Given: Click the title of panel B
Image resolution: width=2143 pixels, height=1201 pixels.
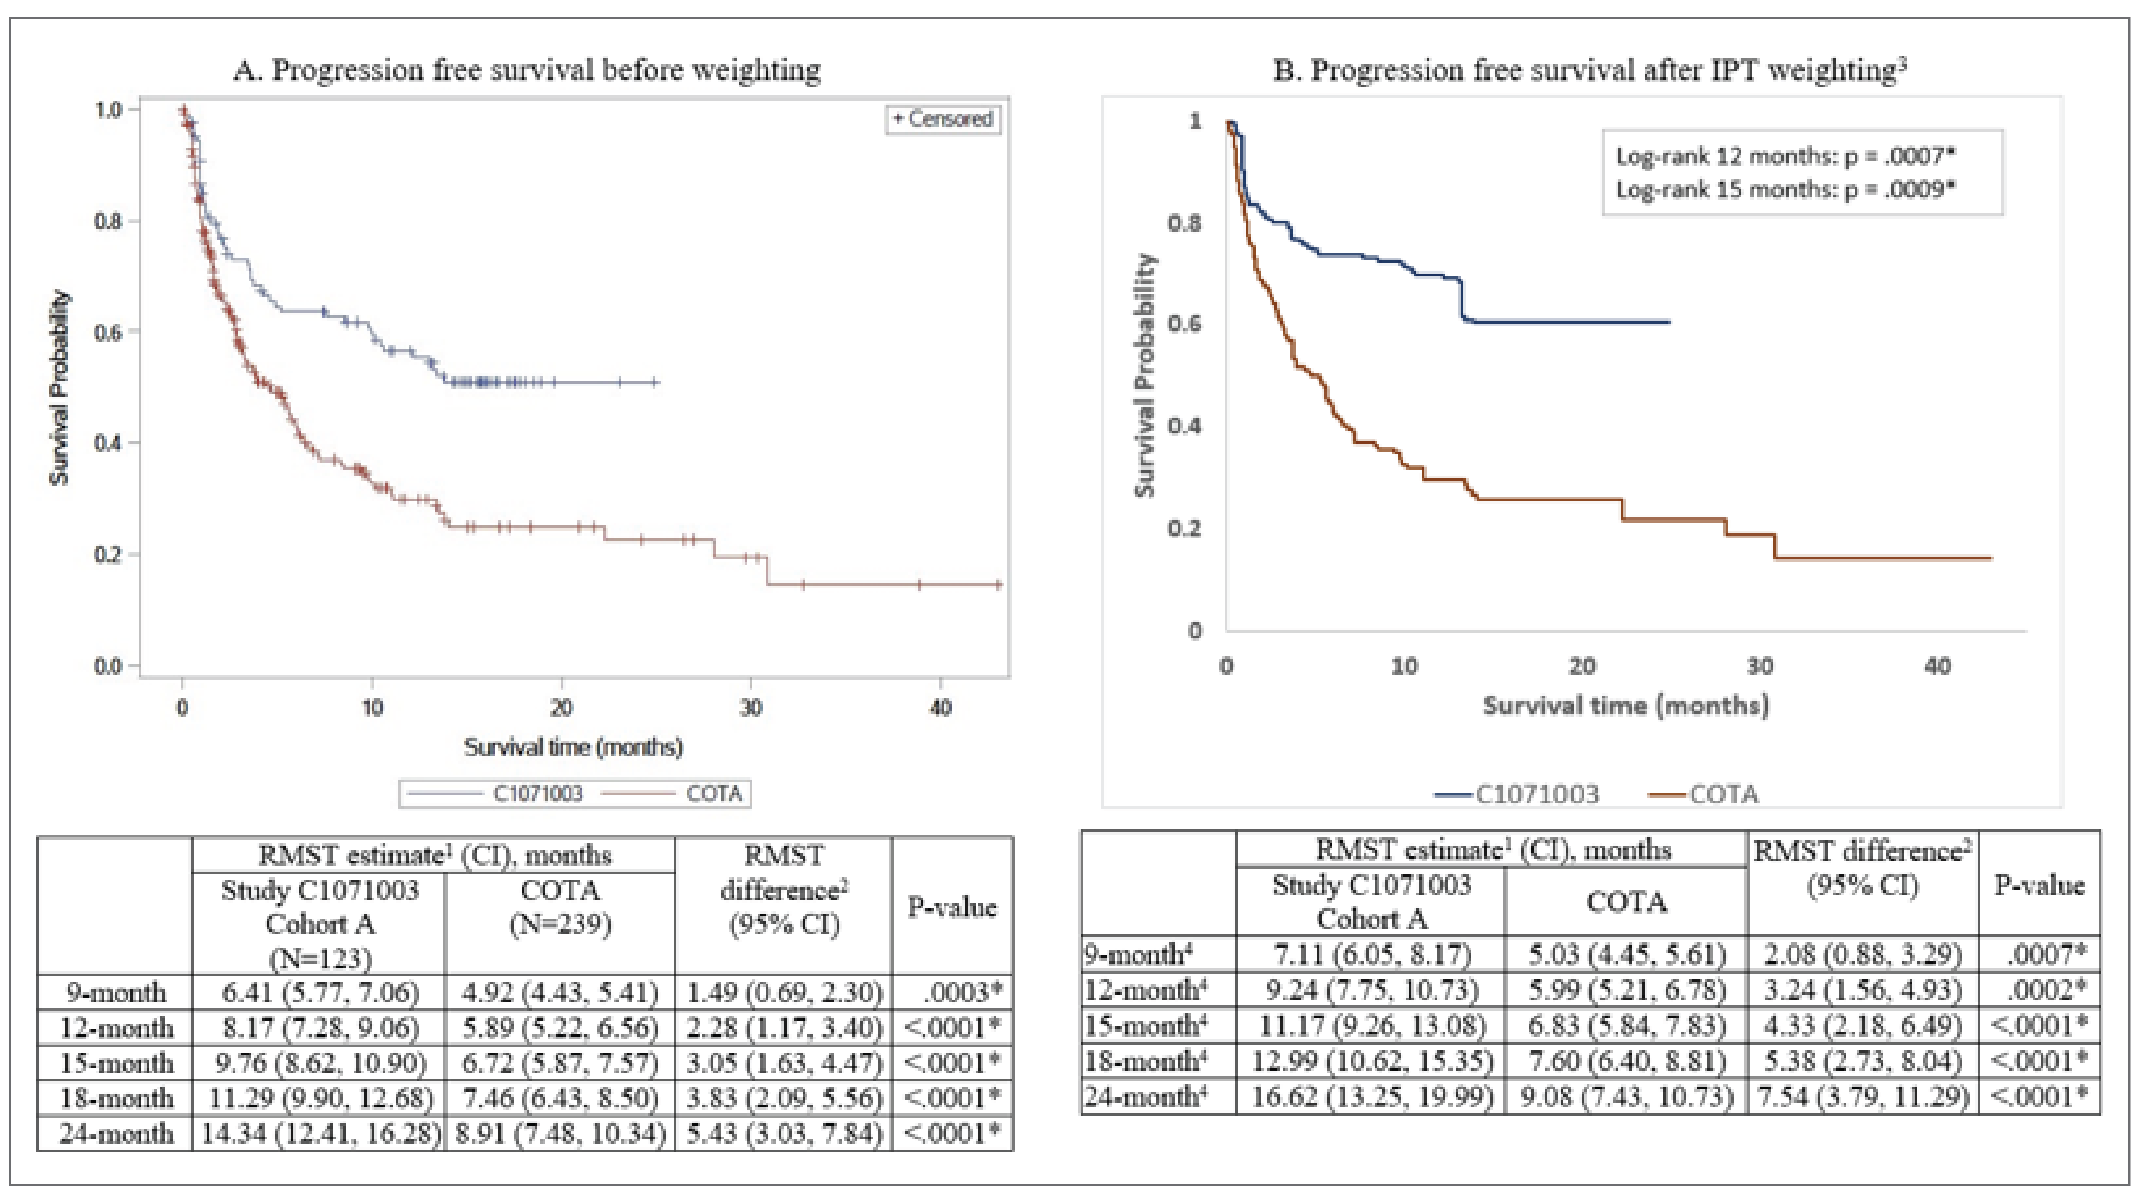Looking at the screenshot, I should click(x=1589, y=70).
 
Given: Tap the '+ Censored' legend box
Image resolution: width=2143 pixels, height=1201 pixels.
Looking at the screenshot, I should click(x=943, y=119).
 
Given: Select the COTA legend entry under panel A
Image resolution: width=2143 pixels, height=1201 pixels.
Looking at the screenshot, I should click(x=712, y=794).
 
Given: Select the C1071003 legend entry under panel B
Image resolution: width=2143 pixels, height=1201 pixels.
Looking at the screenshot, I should click(x=1536, y=794).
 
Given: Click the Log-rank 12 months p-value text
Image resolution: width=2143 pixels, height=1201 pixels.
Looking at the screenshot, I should click(x=1784, y=155).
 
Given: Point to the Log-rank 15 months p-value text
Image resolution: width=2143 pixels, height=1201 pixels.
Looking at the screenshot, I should click(x=1784, y=190).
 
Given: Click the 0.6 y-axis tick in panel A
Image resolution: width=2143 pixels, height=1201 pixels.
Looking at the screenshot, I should click(x=109, y=332).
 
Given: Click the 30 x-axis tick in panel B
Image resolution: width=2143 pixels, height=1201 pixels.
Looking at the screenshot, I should click(x=1759, y=666).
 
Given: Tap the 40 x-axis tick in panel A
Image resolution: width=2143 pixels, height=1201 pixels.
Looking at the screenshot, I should click(x=940, y=708).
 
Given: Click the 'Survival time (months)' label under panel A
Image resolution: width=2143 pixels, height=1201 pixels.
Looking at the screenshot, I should click(x=573, y=747).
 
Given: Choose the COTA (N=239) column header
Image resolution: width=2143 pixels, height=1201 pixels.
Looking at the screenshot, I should click(x=560, y=907).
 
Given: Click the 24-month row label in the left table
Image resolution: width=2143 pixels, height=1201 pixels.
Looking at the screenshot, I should click(x=116, y=1133).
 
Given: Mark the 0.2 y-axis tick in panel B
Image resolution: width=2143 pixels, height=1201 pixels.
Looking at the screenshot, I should click(x=1184, y=528).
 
